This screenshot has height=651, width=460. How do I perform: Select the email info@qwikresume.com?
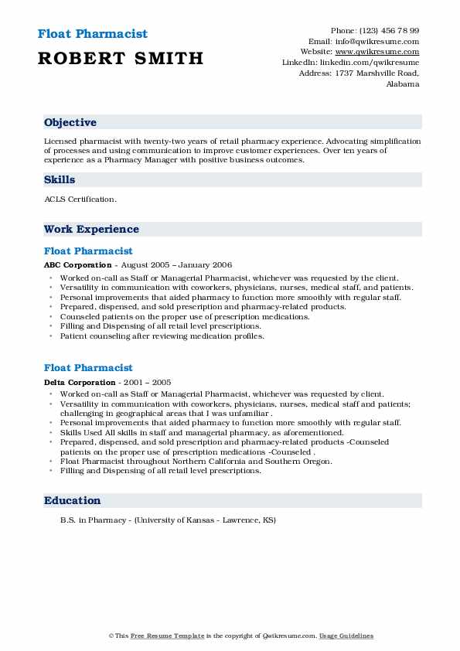tap(377, 41)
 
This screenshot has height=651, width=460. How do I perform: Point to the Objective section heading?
tap(70, 123)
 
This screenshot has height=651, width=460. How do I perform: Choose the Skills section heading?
tap(60, 179)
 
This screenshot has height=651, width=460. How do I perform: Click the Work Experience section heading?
tap(91, 229)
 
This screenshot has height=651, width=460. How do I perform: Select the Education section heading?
tap(72, 500)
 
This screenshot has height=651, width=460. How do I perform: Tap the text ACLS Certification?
tap(80, 199)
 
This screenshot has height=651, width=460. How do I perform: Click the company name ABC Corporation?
tap(77, 264)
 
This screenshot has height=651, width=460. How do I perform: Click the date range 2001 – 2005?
tap(149, 382)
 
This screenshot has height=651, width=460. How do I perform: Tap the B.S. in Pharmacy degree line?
tap(168, 520)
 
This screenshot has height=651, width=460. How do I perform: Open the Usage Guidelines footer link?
tap(346, 636)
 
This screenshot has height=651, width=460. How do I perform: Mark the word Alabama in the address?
tap(403, 84)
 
